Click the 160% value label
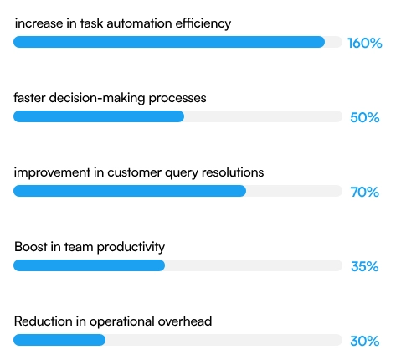click(364, 43)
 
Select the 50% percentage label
click(364, 117)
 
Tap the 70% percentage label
click(364, 192)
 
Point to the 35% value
click(364, 266)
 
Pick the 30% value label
click(364, 341)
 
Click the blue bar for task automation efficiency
click(168, 42)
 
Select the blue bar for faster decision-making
click(99, 116)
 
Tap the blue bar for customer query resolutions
click(130, 191)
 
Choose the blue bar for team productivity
click(89, 265)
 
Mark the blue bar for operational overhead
click(59, 340)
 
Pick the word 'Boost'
click(31, 247)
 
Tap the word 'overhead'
click(185, 321)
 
